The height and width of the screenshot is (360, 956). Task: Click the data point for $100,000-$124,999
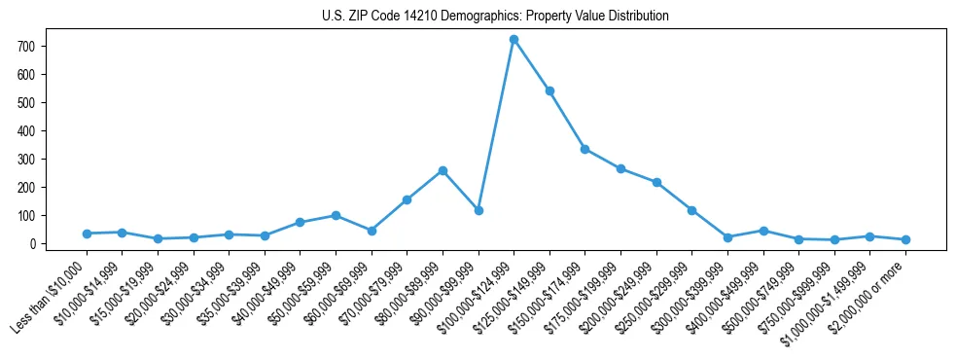(x=513, y=40)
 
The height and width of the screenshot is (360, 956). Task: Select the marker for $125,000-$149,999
(x=549, y=90)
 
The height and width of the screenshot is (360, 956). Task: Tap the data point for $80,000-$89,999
(x=443, y=170)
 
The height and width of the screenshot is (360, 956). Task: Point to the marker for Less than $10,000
(x=87, y=234)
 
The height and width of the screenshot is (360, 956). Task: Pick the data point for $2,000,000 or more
(x=905, y=239)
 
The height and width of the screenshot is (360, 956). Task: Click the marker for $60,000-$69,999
(x=372, y=231)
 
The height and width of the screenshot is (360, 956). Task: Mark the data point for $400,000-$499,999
(x=763, y=231)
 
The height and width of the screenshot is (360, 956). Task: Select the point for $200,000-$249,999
(x=656, y=183)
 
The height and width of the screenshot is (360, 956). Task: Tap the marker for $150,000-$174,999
(x=585, y=149)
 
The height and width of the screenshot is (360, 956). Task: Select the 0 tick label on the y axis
(x=32, y=244)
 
